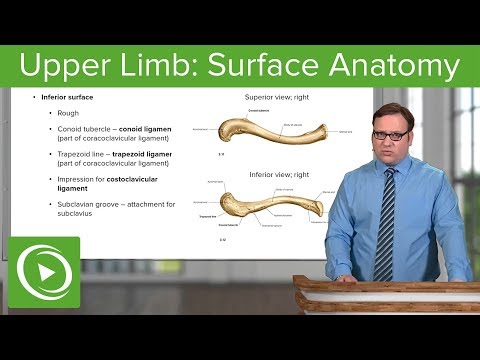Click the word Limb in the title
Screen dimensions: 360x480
[x=164, y=67]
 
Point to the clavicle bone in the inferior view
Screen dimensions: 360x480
[x=270, y=202]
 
